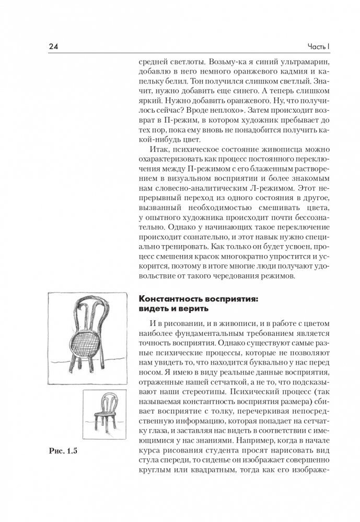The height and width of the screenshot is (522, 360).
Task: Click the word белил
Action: tap(184, 82)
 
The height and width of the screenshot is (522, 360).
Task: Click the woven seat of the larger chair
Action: tap(87, 344)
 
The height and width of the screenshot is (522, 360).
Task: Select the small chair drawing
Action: tap(106, 412)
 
